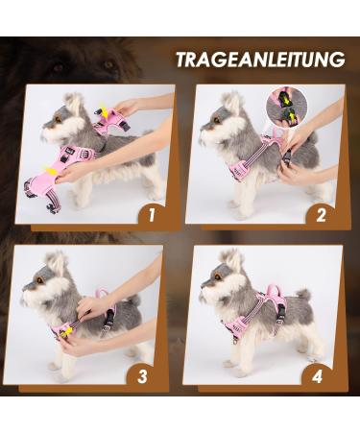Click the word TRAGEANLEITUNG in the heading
pos(258,60)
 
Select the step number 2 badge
pos(320,214)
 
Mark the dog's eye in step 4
pos(221,270)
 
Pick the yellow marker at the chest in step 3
pos(69,331)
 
